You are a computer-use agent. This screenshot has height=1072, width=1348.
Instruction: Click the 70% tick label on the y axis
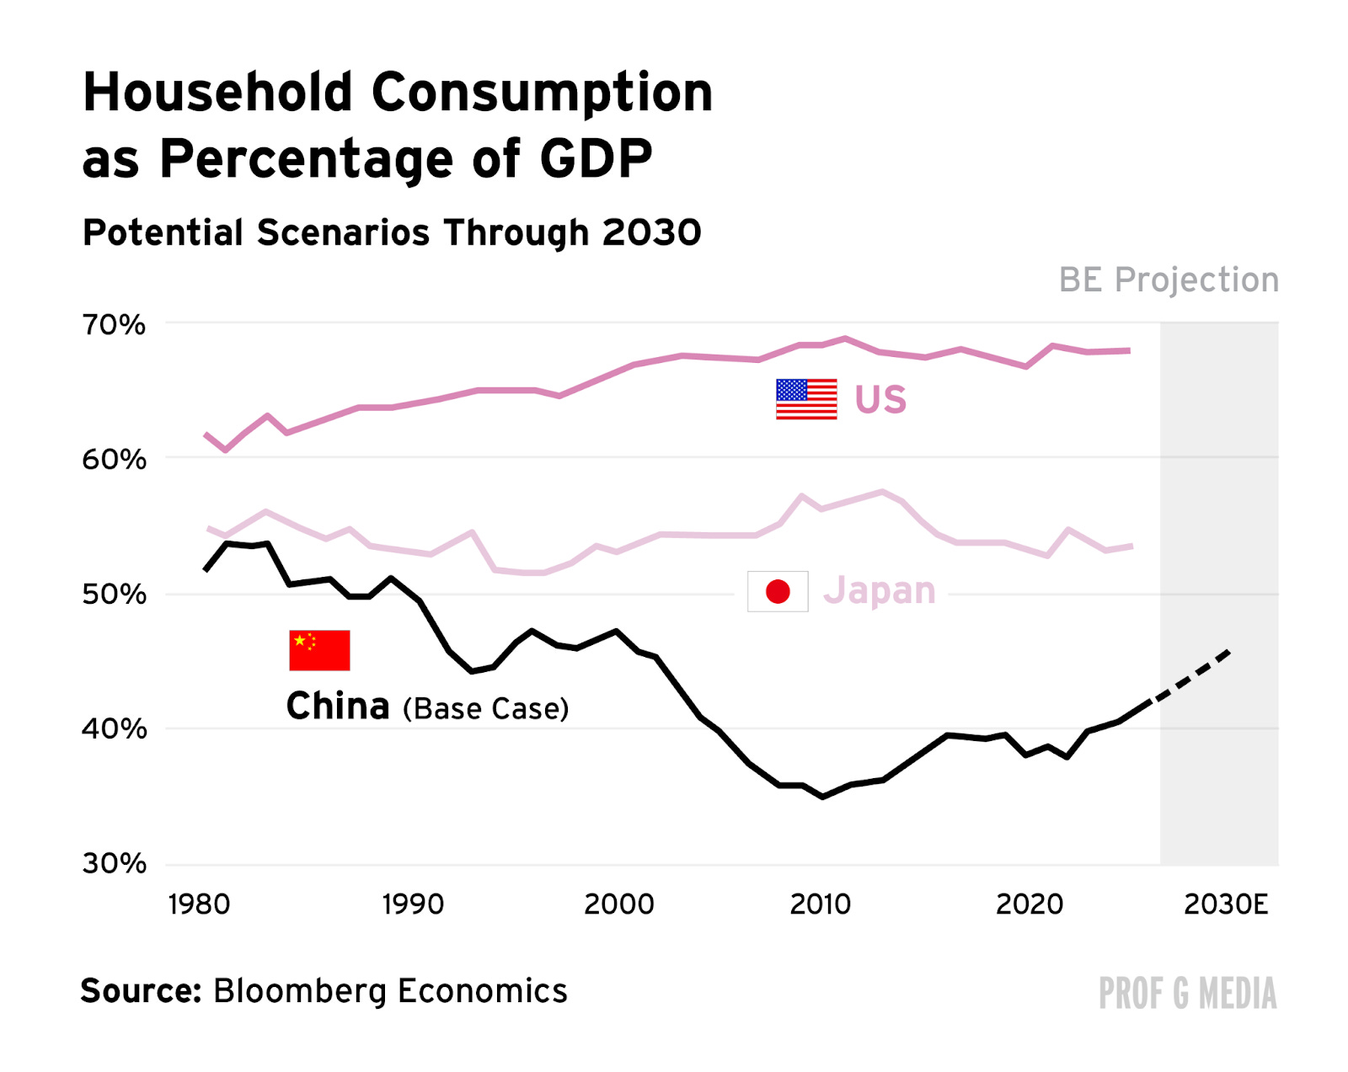pos(113,324)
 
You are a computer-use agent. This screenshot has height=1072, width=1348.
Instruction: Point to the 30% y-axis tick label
pos(113,863)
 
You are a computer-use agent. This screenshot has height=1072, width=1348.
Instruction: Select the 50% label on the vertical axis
pos(113,594)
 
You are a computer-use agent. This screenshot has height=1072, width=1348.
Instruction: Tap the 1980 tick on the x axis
pos(199,904)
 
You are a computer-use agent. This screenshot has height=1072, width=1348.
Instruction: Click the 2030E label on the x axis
pos(1226,904)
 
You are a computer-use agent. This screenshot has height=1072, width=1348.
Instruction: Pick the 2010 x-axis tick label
pos(820,904)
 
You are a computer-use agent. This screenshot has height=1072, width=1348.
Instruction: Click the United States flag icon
pos(806,399)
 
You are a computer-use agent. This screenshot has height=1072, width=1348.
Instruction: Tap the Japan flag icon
pos(778,591)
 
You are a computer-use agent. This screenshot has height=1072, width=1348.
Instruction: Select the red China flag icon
pos(319,650)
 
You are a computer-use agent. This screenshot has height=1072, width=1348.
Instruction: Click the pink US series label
pos(880,400)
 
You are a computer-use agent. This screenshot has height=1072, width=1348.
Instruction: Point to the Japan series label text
pos(880,590)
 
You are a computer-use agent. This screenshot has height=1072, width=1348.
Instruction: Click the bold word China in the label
pos(338,706)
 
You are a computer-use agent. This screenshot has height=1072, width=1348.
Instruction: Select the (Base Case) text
pos(486,709)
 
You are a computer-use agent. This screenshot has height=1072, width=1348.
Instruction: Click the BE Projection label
pos(1169,280)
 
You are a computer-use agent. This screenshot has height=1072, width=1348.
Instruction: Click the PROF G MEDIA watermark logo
pos(1187,993)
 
